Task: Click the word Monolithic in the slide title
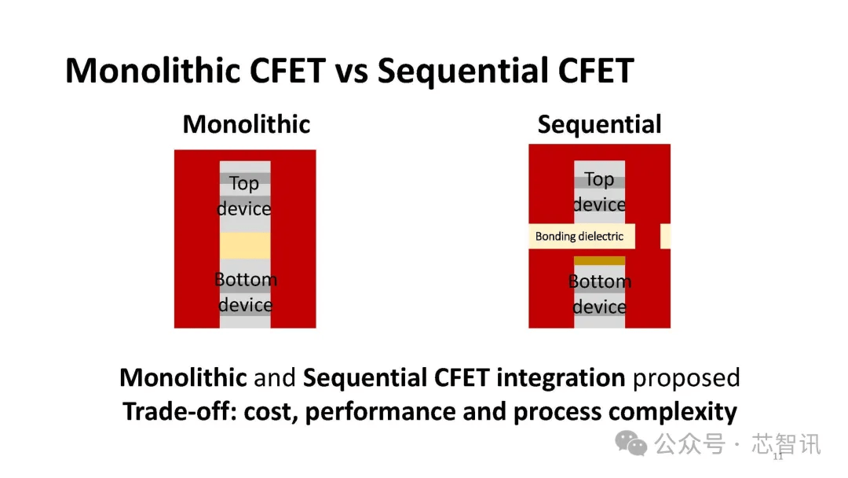click(153, 71)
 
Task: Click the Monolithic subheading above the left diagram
click(247, 124)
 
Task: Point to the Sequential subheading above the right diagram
click(599, 125)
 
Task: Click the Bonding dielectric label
click(579, 237)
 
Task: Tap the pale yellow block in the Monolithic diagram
click(245, 246)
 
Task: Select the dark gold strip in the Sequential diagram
click(599, 261)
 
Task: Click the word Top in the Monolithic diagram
click(244, 183)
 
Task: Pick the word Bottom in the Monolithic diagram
click(246, 279)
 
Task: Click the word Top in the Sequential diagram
click(599, 179)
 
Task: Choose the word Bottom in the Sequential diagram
click(600, 281)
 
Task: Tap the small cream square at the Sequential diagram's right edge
click(665, 237)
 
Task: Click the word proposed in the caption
click(686, 378)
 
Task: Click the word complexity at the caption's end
click(673, 412)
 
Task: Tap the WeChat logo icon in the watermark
click(631, 443)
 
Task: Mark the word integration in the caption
click(561, 378)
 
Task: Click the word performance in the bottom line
click(380, 412)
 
